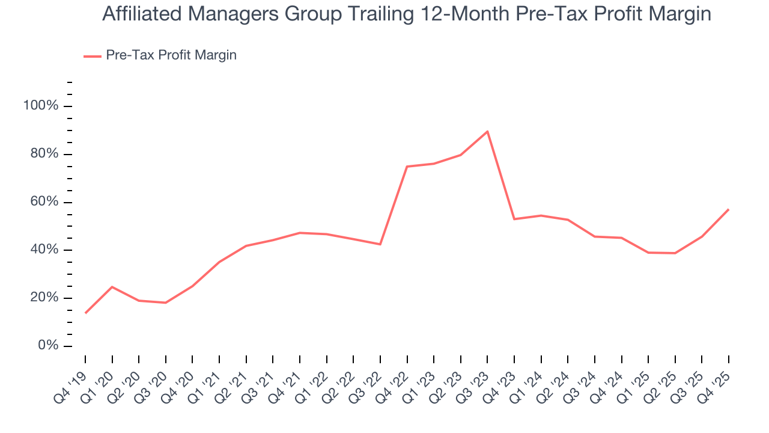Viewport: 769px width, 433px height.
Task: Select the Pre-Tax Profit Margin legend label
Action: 171,55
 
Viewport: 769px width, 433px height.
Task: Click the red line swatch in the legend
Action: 92,56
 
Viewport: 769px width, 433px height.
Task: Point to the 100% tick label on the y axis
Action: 41,106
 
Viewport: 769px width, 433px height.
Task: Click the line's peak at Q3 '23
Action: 487,131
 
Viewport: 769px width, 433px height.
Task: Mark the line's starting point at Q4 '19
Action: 85,313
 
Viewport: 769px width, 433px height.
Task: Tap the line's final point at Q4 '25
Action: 729,209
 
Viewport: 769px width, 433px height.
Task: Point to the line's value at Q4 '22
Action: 407,167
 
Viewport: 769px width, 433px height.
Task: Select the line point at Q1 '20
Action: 112,287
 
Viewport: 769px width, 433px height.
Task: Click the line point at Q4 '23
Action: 514,219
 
